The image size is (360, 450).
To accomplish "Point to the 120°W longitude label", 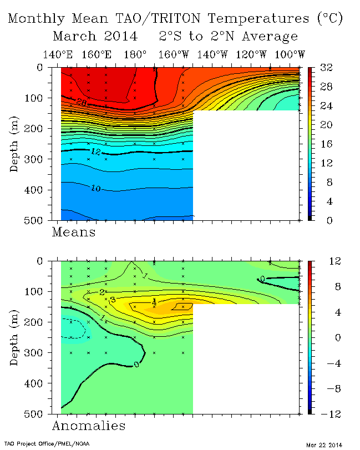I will [251, 54].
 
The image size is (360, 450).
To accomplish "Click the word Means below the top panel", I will [74, 232].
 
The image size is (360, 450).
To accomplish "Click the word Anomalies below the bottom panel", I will [89, 426].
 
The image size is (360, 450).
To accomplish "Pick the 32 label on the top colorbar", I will [326, 68].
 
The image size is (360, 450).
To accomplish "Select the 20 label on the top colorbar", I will [326, 125].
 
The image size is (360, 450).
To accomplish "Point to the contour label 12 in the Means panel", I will [95, 151].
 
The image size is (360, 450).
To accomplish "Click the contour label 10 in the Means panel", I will [95, 189].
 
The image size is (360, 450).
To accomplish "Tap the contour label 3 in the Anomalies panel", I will [112, 300].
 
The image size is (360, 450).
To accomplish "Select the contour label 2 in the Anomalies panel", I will [103, 292].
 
